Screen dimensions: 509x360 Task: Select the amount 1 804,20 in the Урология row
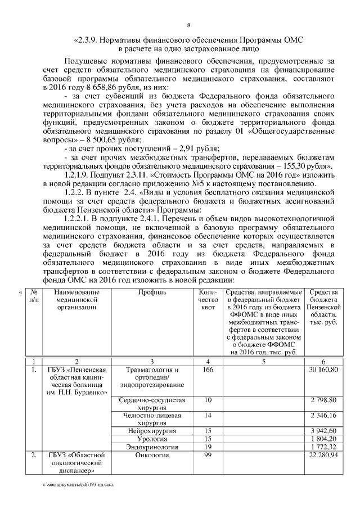coord(323,438)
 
